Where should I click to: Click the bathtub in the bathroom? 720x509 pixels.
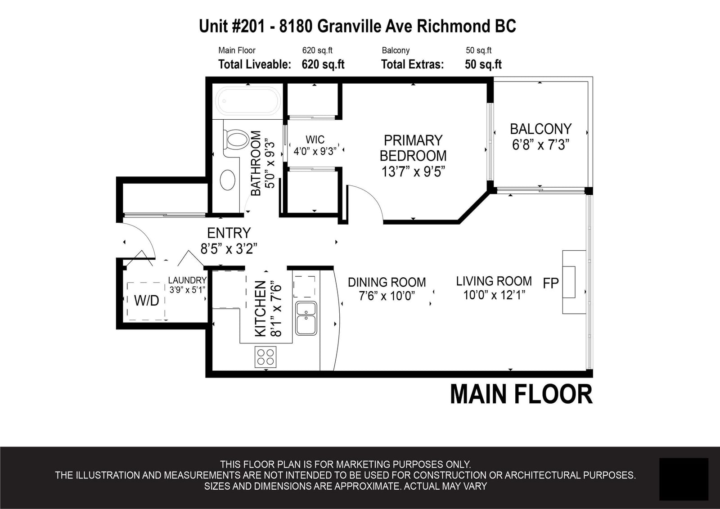248,101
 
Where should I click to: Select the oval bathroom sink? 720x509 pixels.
228,180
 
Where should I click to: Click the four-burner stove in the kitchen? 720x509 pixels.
265,357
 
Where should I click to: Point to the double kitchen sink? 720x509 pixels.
306,318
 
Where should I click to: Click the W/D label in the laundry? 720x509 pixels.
147,301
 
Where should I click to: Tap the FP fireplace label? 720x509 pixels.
551,283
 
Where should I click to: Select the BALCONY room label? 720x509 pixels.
540,129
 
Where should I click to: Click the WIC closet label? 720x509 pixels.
315,140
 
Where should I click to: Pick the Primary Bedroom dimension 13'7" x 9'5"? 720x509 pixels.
413,172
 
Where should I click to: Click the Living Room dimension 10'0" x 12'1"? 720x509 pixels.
494,295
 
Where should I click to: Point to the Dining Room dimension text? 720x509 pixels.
387,296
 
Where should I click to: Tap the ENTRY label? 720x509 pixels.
229,233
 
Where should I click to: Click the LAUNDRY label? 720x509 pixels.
187,280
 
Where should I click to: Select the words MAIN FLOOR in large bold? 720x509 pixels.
521,394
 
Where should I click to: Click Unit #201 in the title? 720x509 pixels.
232,26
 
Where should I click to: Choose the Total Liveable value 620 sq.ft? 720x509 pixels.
323,64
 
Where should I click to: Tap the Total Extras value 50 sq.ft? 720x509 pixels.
483,64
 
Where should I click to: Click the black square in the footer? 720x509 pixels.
684,479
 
